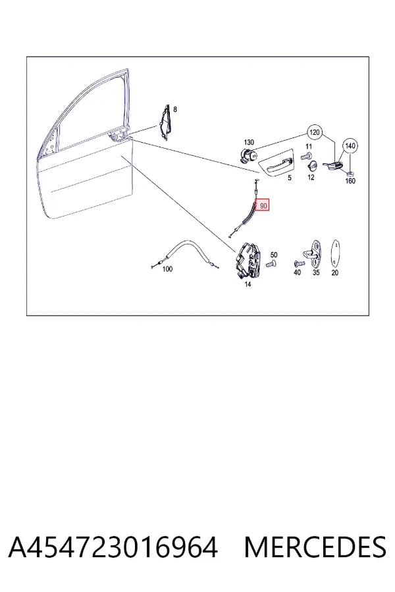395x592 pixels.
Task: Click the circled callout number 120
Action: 315,132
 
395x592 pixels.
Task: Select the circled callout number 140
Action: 350,146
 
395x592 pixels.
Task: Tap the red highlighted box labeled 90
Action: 262,205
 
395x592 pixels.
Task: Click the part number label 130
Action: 249,142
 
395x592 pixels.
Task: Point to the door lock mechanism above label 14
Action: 248,261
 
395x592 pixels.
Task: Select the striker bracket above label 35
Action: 312,253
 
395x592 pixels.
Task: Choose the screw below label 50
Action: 271,264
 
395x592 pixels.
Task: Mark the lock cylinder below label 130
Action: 248,155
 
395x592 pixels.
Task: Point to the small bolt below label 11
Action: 306,155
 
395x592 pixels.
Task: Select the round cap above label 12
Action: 313,166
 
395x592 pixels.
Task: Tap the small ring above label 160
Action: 350,173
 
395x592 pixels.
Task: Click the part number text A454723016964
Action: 113,547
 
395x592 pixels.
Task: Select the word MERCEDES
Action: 315,547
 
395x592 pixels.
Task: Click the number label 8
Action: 174,109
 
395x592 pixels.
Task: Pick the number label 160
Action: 350,181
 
